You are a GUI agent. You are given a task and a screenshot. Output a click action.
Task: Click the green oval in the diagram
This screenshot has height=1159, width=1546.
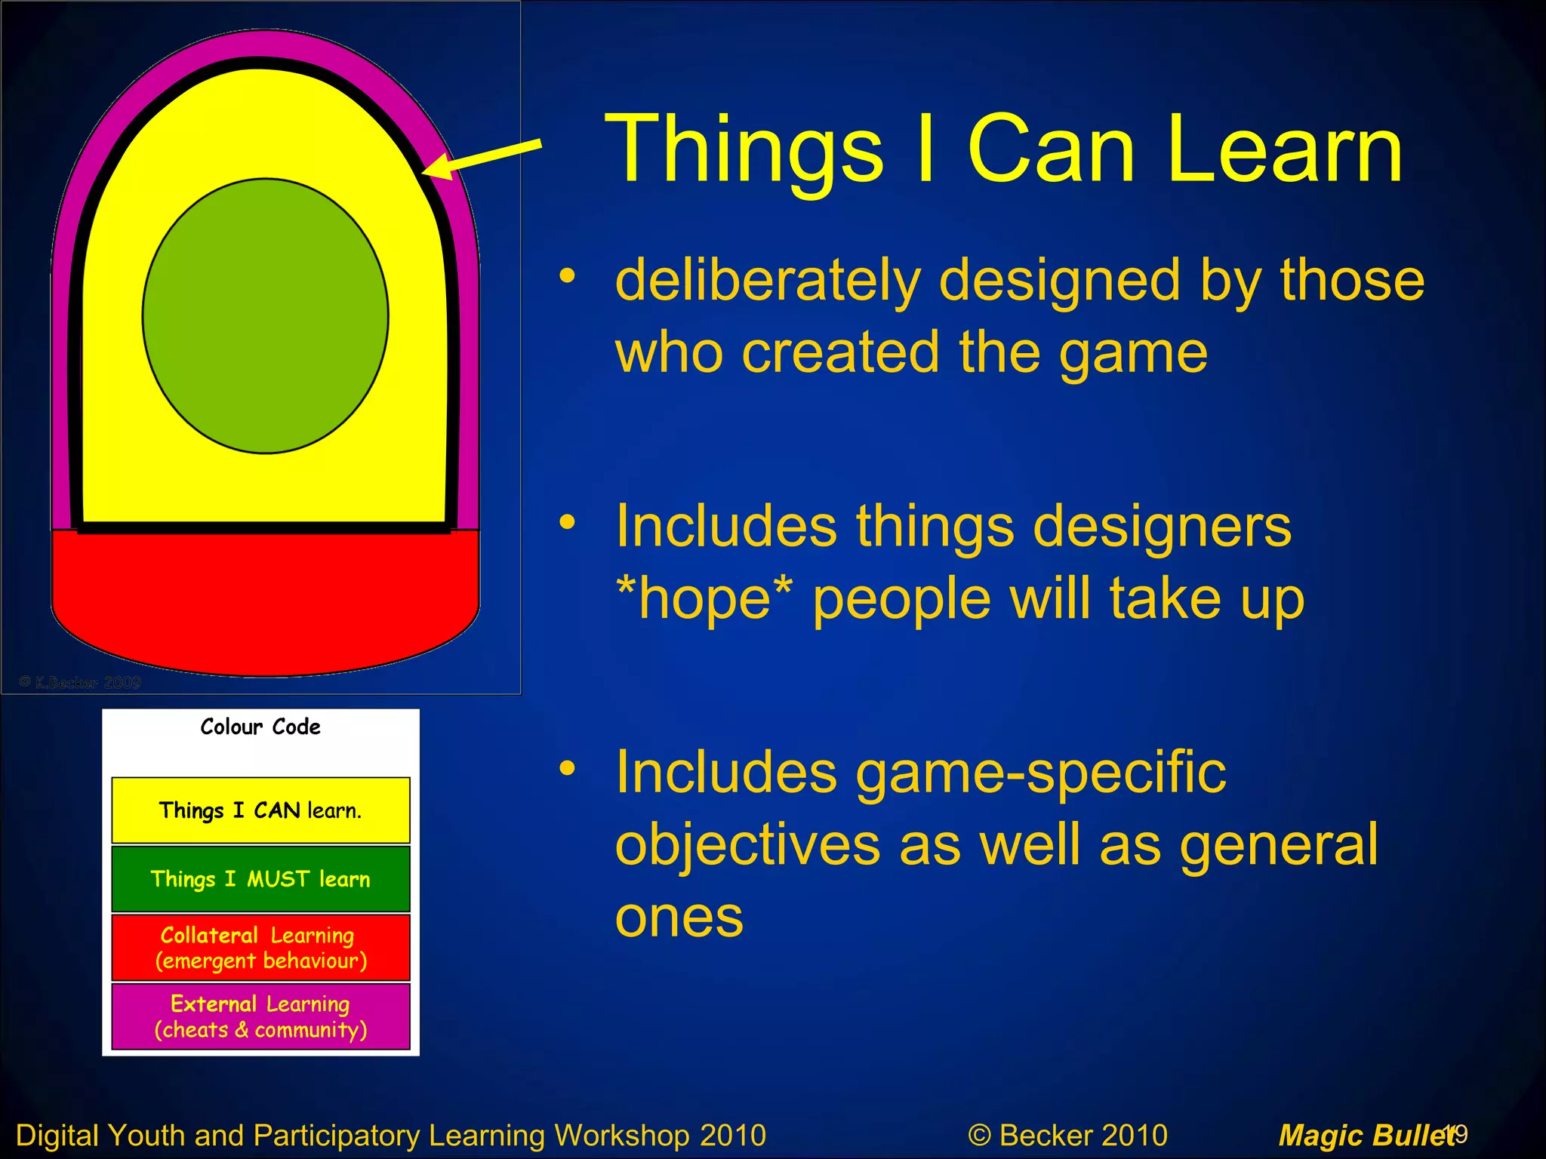tap(265, 315)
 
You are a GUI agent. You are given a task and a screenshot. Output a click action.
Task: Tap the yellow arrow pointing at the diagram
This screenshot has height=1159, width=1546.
tap(483, 158)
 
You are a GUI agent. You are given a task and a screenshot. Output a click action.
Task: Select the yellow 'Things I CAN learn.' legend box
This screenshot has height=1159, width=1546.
tap(260, 810)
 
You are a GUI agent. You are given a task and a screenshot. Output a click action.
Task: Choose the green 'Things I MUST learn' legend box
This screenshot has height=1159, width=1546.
tap(260, 878)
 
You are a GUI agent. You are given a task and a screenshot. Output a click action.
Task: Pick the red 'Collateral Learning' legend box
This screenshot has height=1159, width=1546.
tap(260, 947)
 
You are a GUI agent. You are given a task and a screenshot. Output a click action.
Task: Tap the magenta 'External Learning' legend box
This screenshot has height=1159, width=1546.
tap(260, 1016)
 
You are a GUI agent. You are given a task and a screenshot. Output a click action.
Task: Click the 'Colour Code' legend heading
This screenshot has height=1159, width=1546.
tap(260, 727)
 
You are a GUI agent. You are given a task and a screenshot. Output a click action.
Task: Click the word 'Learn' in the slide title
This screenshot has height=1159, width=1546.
tap(1283, 149)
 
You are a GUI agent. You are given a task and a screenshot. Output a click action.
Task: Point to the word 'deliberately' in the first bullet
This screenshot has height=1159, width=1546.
tap(767, 281)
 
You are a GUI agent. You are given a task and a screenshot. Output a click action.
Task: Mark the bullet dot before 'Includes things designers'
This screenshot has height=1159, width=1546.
tap(567, 521)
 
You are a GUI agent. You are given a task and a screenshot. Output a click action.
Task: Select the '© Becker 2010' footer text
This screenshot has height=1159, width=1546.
tap(1067, 1135)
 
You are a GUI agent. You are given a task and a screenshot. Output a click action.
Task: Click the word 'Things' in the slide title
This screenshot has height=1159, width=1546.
tap(744, 149)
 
